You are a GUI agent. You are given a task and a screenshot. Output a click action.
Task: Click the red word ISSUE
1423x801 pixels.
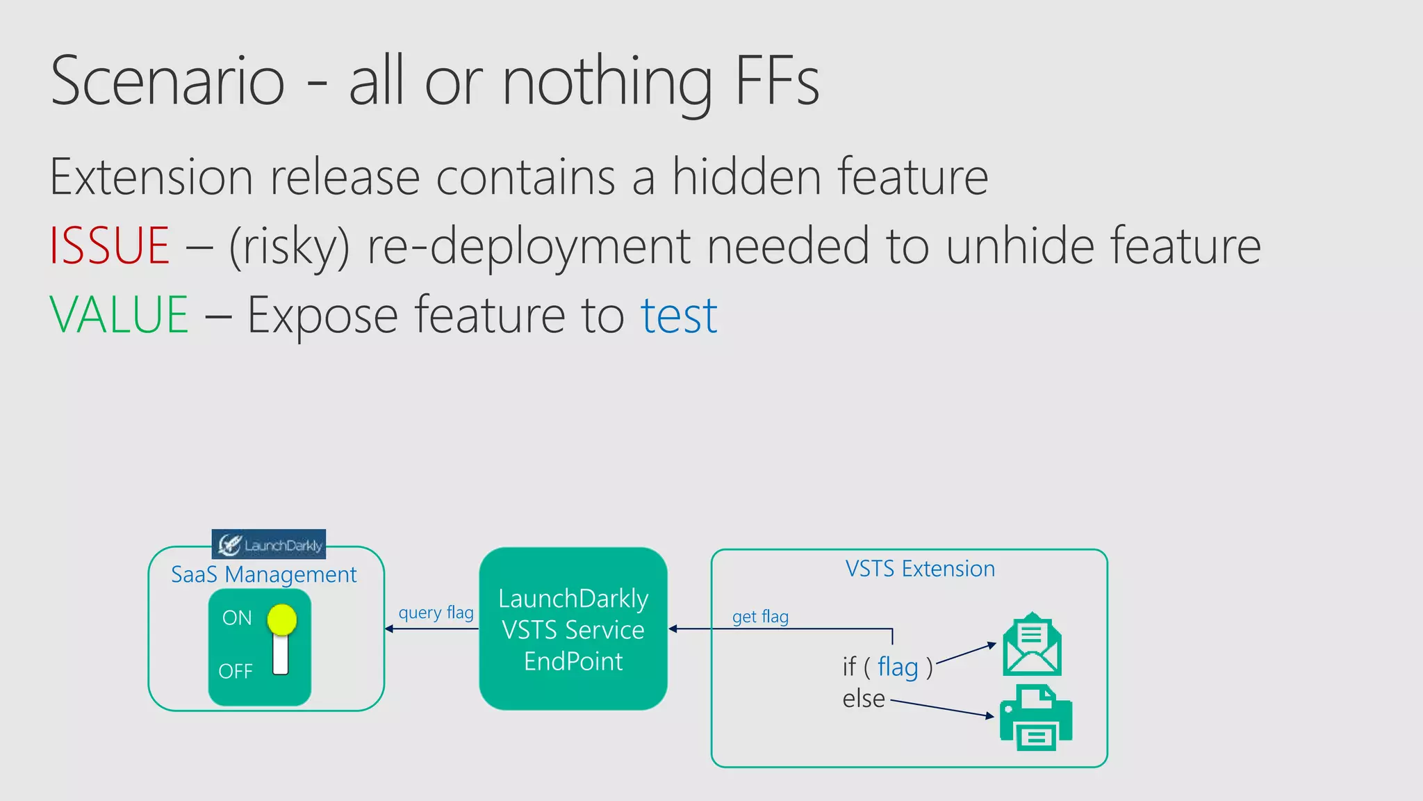coord(110,246)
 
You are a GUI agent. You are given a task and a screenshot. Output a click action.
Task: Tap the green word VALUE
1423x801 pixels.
coord(119,316)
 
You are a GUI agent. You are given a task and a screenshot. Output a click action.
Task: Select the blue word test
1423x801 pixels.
coord(678,316)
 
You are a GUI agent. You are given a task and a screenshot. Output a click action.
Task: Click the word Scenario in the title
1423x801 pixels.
coord(167,81)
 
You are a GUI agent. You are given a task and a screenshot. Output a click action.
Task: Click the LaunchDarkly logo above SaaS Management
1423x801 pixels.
coord(269,544)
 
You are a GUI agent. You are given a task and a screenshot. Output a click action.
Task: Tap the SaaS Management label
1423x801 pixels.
coord(263,575)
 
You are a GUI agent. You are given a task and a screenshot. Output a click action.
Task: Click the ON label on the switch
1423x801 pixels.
coord(237,618)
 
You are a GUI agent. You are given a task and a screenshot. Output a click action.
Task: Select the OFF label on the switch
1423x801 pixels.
coord(236,672)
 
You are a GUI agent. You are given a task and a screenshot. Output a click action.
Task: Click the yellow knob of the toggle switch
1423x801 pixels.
coord(281,620)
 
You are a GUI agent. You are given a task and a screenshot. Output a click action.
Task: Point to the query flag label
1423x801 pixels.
coord(436,613)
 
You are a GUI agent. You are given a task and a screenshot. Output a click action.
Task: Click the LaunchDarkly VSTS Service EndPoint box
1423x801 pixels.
coord(573,629)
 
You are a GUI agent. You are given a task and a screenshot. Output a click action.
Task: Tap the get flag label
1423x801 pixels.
coord(760,617)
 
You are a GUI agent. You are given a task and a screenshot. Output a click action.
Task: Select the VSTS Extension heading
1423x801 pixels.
coord(920,569)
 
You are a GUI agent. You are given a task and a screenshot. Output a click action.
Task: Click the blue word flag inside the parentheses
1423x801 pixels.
coord(898,667)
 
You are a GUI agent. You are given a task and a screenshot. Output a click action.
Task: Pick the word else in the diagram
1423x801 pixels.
coord(864,699)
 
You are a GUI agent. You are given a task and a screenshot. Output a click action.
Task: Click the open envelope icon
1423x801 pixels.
coord(1032,645)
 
